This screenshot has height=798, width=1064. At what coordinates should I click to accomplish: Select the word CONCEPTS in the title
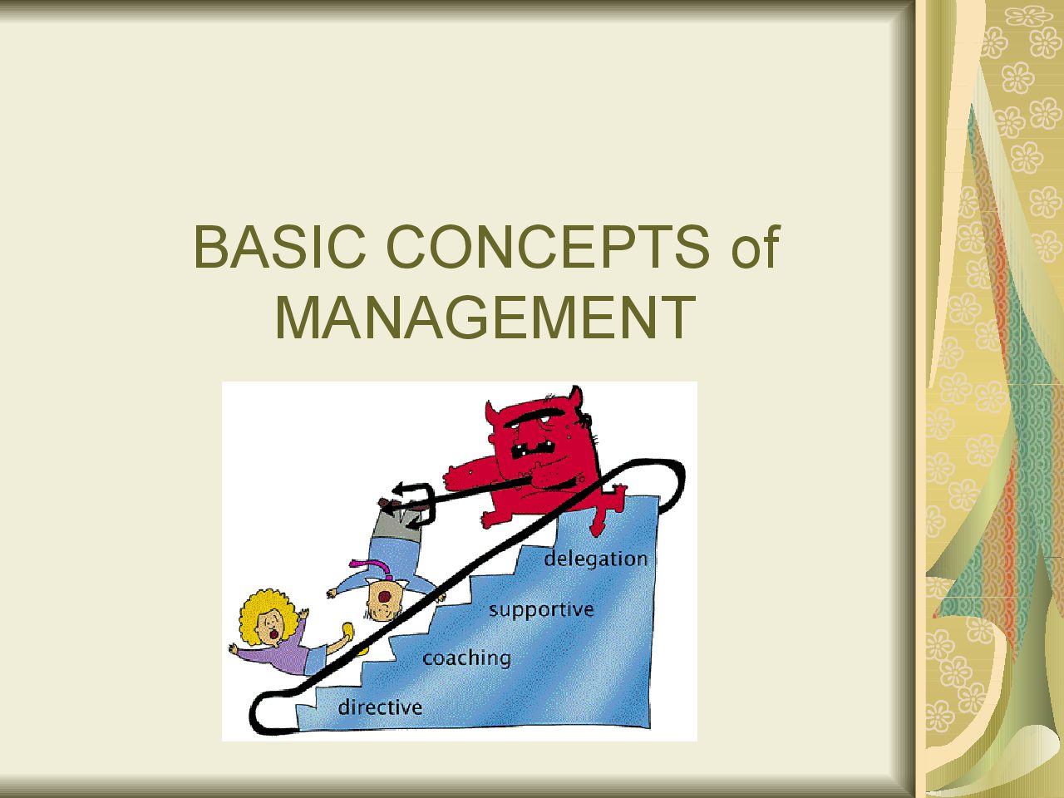tap(549, 247)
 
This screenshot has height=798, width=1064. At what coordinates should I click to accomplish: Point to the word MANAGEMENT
tap(485, 318)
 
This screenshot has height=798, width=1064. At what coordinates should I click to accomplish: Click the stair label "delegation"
tap(596, 559)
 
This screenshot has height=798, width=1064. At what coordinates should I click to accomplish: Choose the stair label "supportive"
tap(541, 609)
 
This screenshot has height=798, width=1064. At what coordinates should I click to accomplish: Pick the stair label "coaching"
tap(466, 658)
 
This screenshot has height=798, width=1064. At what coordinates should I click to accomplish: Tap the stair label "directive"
tap(380, 707)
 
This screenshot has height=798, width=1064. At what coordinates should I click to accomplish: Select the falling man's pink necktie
tap(372, 568)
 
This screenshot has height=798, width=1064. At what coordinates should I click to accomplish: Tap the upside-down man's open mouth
tap(384, 597)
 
